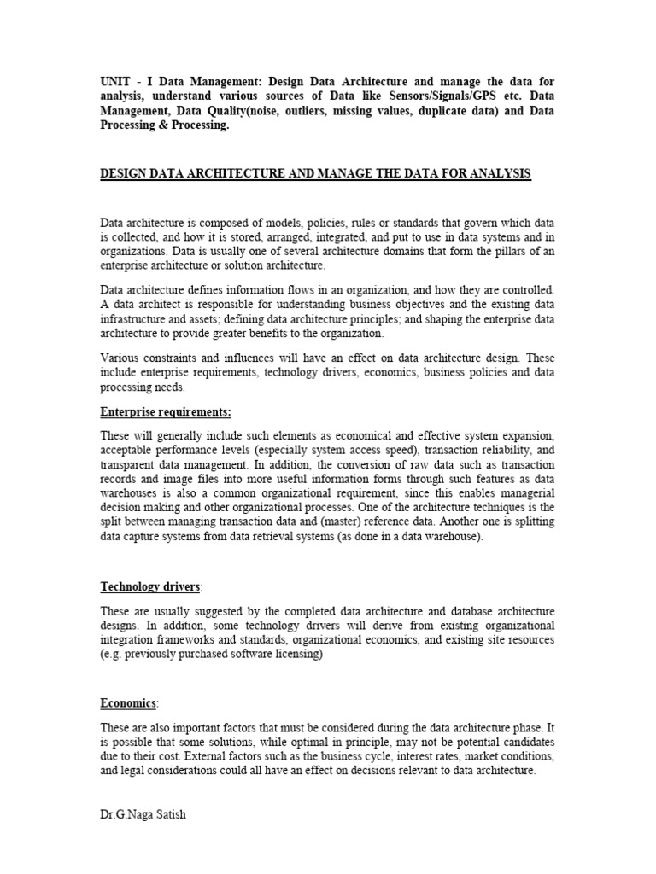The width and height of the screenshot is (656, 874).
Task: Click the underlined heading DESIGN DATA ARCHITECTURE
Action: point(315,173)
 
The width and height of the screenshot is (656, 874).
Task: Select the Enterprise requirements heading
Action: point(166,412)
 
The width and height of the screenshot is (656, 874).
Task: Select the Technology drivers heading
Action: point(150,586)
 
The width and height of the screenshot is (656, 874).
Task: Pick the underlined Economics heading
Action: point(128,703)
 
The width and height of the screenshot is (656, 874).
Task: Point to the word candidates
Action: point(525,742)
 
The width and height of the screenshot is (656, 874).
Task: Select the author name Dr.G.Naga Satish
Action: point(143,814)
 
